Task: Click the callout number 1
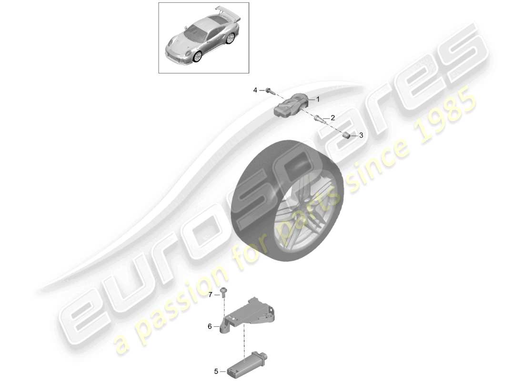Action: point(318,99)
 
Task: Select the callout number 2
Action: point(333,118)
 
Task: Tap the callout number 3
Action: point(361,135)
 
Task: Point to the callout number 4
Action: point(255,90)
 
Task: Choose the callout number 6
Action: point(210,326)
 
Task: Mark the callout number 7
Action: point(211,295)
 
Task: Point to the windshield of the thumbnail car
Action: point(195,32)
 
